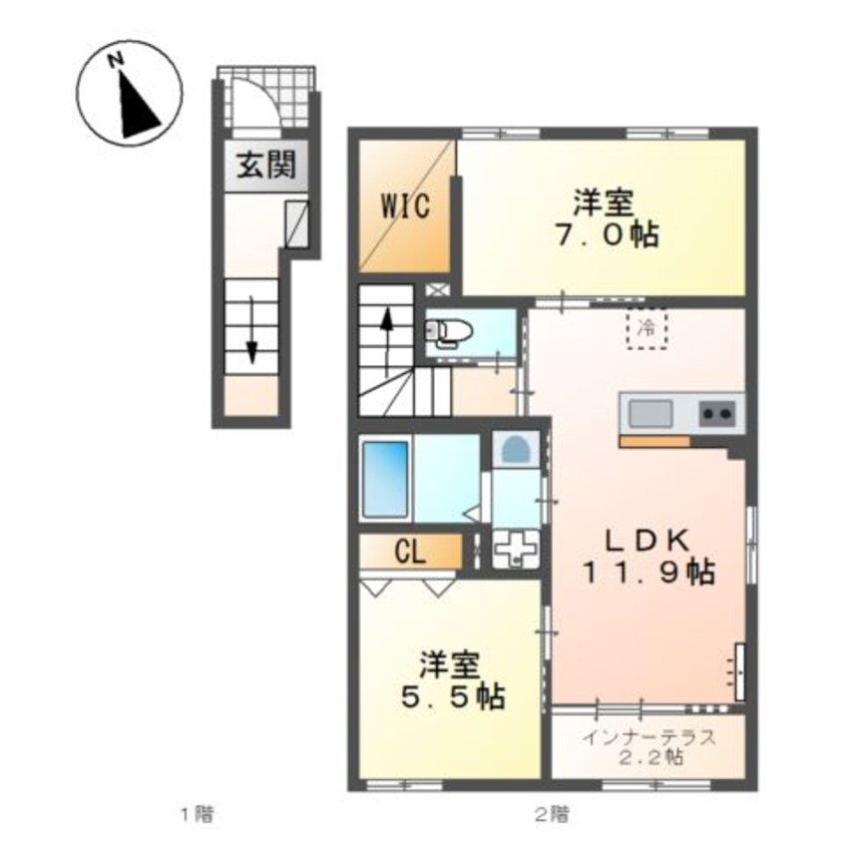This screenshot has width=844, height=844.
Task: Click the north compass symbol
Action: [x=126, y=97]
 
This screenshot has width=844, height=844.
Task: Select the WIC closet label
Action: [x=404, y=208]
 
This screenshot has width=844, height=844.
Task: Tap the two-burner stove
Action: [x=717, y=412]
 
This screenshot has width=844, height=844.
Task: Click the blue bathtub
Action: [x=384, y=479]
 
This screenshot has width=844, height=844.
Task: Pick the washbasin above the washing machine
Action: [x=515, y=451]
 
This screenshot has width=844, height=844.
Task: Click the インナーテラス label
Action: [x=649, y=739]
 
